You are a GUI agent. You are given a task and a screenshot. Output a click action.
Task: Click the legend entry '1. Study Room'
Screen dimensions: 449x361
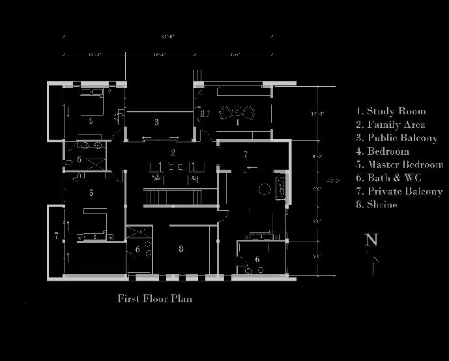point(390,112)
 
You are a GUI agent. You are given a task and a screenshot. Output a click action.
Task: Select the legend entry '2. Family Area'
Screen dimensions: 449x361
point(390,125)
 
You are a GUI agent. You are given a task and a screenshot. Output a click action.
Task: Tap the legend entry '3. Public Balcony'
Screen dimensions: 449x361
point(396,138)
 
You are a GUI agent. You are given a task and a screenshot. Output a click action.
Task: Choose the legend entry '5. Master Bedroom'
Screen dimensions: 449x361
point(399,165)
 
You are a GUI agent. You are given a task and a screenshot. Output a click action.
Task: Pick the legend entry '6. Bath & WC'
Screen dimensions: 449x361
point(388,178)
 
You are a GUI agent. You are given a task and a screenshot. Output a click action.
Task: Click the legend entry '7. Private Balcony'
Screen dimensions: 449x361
point(399,191)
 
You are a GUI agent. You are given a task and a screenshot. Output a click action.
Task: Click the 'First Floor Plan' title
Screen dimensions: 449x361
point(154,299)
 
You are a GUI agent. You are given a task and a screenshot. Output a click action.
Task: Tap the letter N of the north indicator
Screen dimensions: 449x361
point(371,240)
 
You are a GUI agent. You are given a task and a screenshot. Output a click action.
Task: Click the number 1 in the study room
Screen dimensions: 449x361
point(238,122)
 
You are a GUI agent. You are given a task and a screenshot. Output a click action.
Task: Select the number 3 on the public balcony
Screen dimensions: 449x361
point(157,122)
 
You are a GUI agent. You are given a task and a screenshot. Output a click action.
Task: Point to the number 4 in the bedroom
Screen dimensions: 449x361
point(91,121)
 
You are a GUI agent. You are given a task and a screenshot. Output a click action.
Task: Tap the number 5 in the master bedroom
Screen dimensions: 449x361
point(91,193)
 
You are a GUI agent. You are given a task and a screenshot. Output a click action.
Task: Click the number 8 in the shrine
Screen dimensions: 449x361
point(181,249)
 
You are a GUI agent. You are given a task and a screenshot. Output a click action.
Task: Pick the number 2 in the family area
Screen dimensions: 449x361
point(173,153)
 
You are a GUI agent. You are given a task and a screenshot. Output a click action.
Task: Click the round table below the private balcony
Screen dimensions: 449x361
point(265,190)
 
